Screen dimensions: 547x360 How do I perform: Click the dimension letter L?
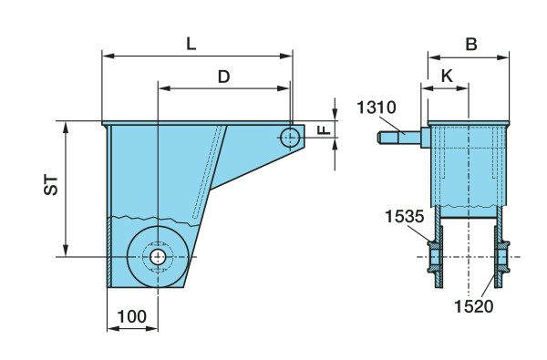[191, 44]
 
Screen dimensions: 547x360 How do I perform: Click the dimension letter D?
[224, 77]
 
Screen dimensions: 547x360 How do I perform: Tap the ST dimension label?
[51, 185]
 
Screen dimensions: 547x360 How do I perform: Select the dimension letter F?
[325, 130]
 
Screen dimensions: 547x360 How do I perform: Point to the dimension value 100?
[132, 317]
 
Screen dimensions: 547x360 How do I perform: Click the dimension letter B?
[471, 45]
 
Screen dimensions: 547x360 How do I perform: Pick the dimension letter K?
[447, 76]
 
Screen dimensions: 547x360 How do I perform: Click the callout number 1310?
[377, 108]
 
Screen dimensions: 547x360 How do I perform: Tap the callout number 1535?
[404, 216]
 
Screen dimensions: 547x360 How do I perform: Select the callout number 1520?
[474, 306]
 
